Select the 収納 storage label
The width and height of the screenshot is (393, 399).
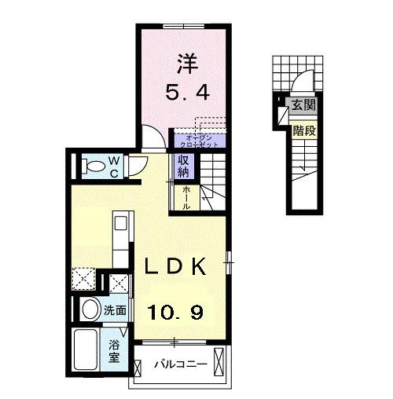[x=182, y=167]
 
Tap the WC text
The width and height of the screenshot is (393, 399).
[x=113, y=166]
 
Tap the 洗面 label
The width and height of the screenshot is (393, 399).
[x=116, y=309]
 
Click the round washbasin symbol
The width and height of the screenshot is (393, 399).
[x=88, y=308]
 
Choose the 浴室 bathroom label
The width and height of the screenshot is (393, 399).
[x=115, y=350]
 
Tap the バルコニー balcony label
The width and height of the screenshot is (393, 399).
[x=180, y=364]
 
